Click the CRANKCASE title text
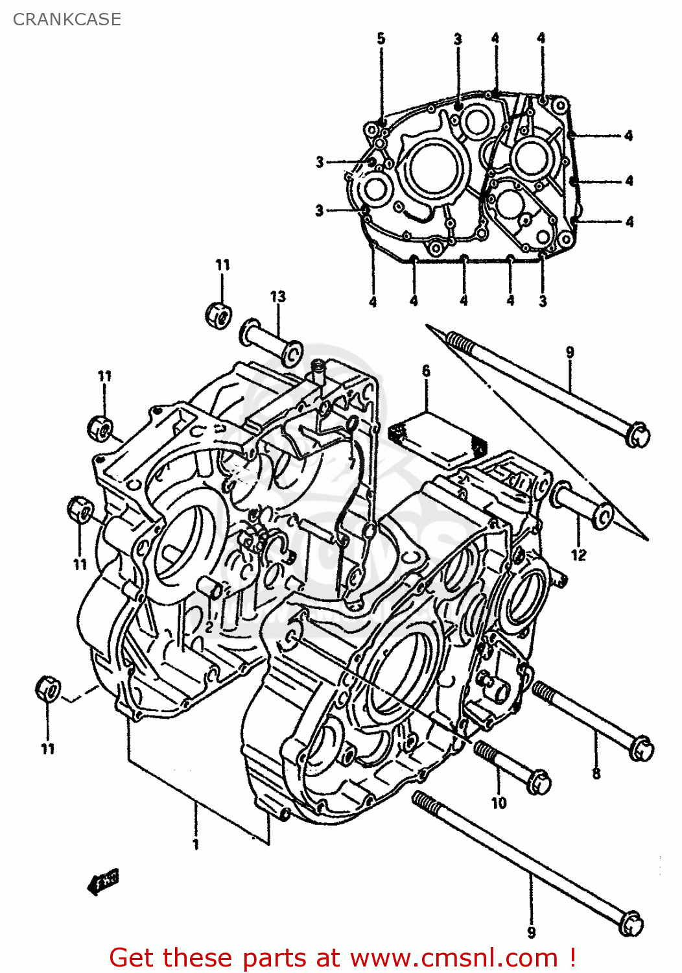point(67,19)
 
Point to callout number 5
point(381,38)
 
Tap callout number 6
point(426,371)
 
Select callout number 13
point(277,297)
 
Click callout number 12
point(578,555)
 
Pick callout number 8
point(596,773)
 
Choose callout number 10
point(498,803)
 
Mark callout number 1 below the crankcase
point(195,844)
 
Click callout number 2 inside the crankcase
point(209,627)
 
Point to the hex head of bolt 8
point(641,749)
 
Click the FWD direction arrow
point(104,881)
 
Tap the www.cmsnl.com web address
point(454,958)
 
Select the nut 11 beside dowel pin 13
point(219,315)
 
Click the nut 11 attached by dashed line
point(48,688)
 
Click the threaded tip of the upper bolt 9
point(458,341)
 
